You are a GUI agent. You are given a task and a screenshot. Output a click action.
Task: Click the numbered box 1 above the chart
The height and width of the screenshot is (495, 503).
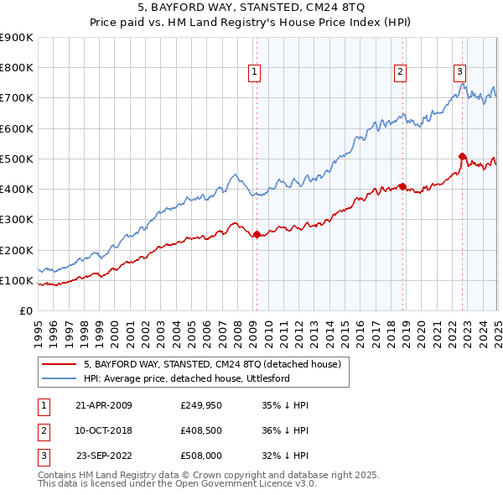[254, 72]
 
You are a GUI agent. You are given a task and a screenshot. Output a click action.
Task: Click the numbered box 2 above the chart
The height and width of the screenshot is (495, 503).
[401, 72]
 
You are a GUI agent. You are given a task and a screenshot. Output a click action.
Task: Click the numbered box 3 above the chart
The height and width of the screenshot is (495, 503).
[460, 72]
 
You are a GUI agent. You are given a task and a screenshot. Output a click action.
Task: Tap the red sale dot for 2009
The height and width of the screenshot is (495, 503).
[257, 235]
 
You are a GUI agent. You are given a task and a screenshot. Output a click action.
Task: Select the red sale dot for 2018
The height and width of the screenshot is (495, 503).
[402, 186]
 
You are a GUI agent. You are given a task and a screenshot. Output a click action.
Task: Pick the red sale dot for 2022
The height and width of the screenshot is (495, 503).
[462, 156]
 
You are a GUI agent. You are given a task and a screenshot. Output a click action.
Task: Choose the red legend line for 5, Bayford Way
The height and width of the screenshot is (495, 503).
[59, 365]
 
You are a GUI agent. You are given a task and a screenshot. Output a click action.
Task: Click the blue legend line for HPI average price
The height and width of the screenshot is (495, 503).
[59, 378]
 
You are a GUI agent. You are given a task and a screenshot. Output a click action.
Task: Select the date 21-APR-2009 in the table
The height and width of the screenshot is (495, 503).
[103, 405]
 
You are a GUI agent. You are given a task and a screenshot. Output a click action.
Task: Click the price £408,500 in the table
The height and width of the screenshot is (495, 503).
[200, 431]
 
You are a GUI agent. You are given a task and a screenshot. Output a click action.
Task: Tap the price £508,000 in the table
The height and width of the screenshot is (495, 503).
[200, 458]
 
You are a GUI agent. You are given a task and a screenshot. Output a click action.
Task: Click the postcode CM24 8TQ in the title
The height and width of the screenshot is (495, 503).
[331, 8]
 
